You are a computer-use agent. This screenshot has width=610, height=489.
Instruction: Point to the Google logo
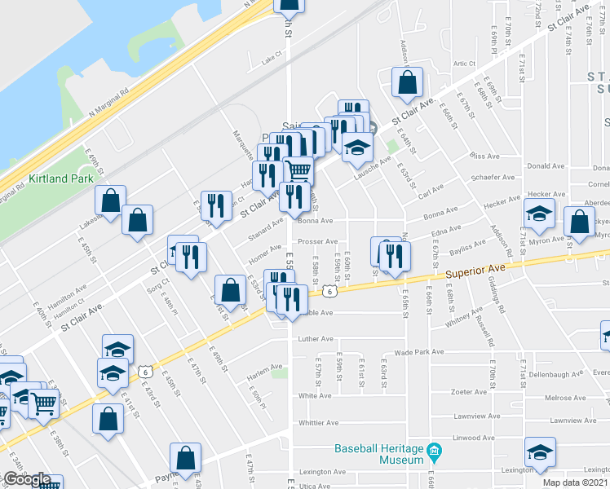click(x=26, y=479)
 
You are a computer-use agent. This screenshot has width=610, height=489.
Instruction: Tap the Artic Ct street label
click(x=464, y=63)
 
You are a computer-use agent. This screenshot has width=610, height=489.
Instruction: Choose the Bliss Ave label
click(x=484, y=155)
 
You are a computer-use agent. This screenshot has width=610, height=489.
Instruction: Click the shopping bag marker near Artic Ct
click(x=406, y=81)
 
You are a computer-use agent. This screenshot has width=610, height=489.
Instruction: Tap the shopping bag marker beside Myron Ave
click(x=579, y=222)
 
